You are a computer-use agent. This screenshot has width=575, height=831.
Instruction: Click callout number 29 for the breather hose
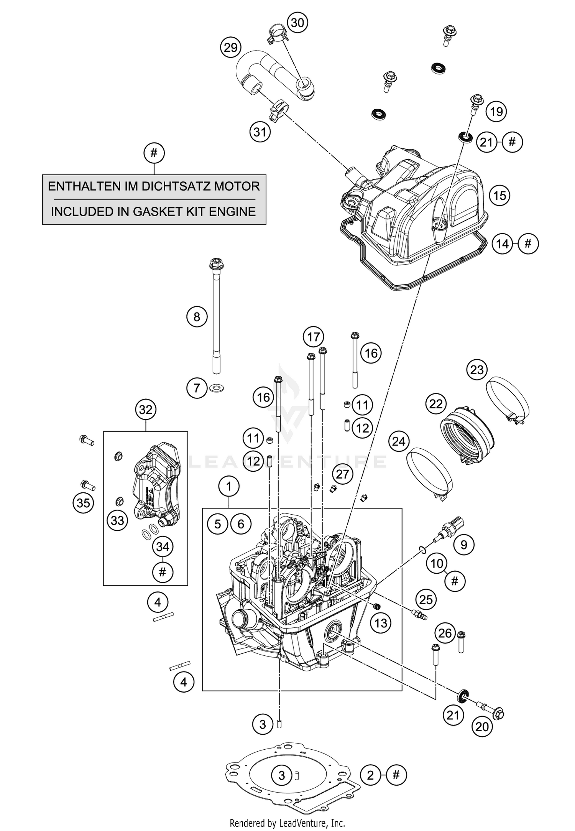(230, 48)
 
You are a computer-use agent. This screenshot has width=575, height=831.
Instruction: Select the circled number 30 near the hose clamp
(297, 23)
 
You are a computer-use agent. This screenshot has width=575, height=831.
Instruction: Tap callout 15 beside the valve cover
(499, 196)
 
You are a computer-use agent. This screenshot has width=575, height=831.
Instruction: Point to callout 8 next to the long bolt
(197, 317)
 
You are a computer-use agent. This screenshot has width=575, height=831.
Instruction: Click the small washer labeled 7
(217, 389)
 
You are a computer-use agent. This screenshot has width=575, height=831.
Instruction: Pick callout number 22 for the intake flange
(436, 404)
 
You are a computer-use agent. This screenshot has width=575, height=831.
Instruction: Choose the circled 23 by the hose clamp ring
(477, 370)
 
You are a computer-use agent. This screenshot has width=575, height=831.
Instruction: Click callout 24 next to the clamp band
(399, 441)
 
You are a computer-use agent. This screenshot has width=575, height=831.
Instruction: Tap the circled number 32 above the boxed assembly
(146, 410)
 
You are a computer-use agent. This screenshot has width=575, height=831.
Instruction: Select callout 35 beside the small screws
(83, 502)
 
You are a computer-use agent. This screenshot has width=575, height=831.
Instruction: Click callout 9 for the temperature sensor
(464, 545)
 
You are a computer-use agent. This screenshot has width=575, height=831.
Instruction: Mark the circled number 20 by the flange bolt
(482, 726)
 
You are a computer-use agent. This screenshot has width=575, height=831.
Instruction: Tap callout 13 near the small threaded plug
(381, 623)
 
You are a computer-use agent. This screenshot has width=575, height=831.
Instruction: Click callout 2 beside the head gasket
(370, 775)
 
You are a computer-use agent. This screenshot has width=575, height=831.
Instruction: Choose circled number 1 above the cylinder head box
(229, 487)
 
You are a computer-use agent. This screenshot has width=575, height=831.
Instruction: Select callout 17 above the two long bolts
(313, 337)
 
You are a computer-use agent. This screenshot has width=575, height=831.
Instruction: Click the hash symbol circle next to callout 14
(528, 244)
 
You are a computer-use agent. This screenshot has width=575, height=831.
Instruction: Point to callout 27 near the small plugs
(342, 474)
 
